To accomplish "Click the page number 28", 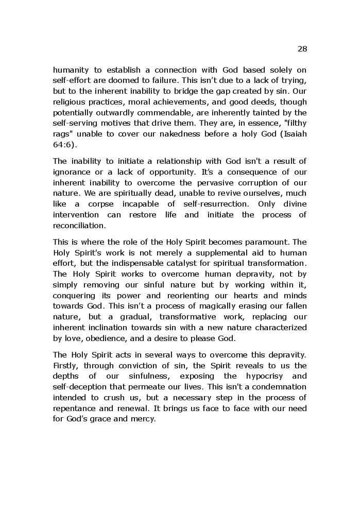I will (x=302, y=49).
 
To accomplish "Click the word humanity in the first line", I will (x=71, y=70).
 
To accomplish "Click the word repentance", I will (x=76, y=408).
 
